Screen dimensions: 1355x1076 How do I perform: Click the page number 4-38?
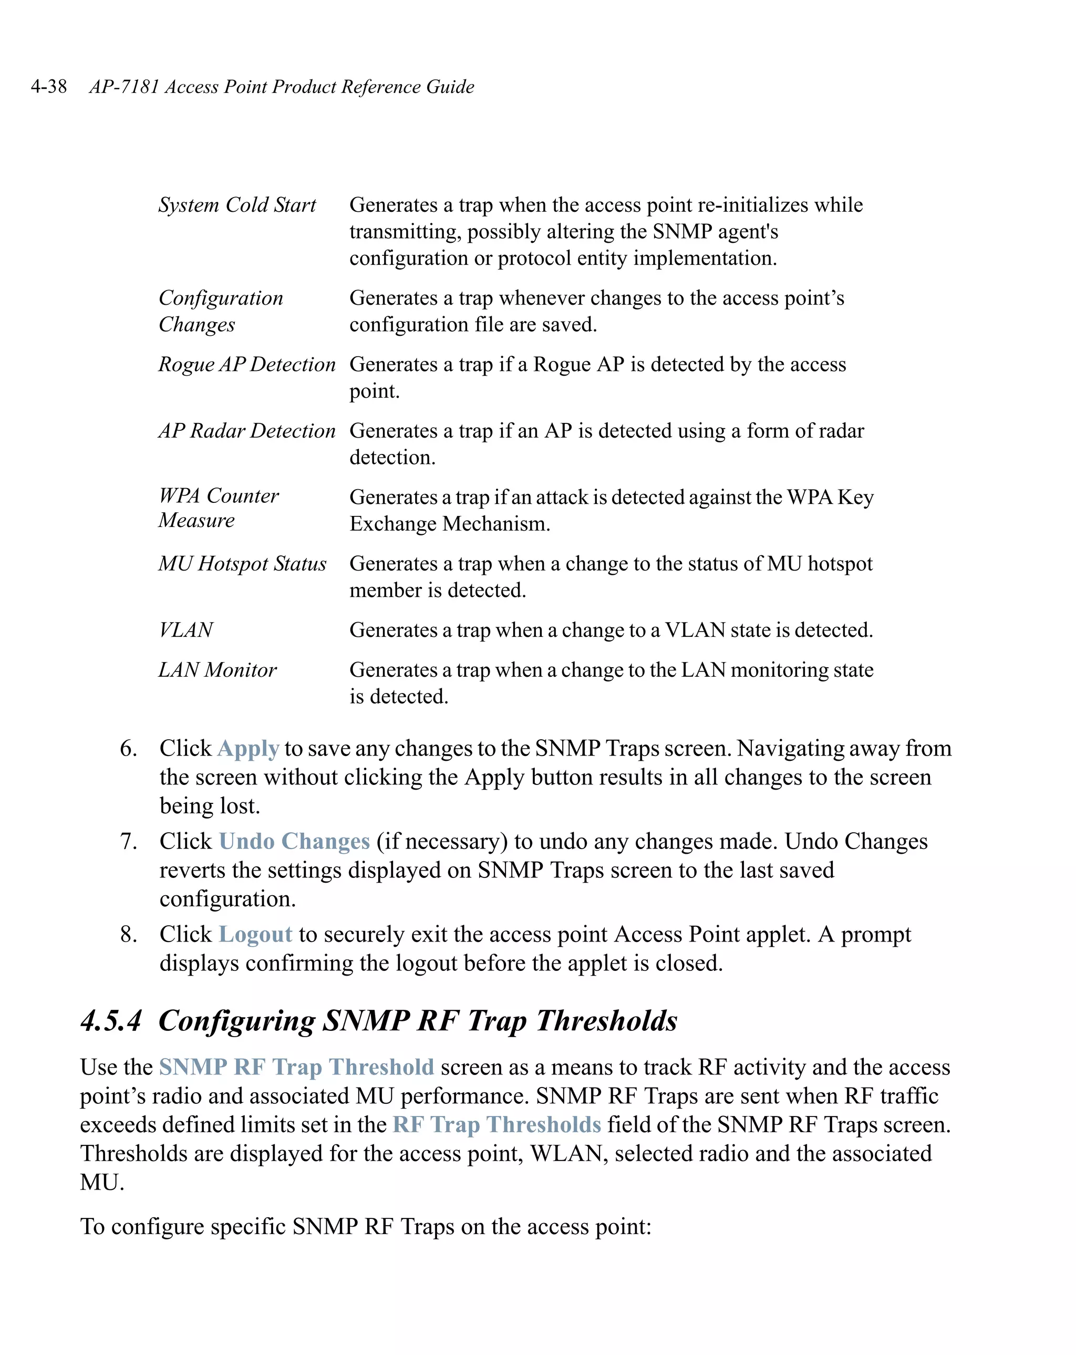48,86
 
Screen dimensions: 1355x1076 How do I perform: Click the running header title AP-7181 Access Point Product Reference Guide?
282,86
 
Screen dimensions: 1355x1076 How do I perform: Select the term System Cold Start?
237,205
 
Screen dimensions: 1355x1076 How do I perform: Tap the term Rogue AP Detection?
246,365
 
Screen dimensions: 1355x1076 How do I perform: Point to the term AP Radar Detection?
246,431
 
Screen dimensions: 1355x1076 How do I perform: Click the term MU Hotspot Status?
242,564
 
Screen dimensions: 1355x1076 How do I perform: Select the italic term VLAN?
185,630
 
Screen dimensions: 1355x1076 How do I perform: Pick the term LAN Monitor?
217,670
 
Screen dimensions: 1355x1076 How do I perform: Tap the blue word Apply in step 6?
249,749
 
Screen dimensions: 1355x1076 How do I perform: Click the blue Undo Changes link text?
294,842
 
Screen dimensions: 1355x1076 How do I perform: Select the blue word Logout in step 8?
255,935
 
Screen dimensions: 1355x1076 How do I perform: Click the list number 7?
128,842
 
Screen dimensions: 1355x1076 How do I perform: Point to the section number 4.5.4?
111,1021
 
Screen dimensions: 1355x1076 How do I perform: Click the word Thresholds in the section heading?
606,1021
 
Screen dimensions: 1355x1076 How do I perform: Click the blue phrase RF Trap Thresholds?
496,1124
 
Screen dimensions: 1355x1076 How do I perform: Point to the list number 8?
128,935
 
